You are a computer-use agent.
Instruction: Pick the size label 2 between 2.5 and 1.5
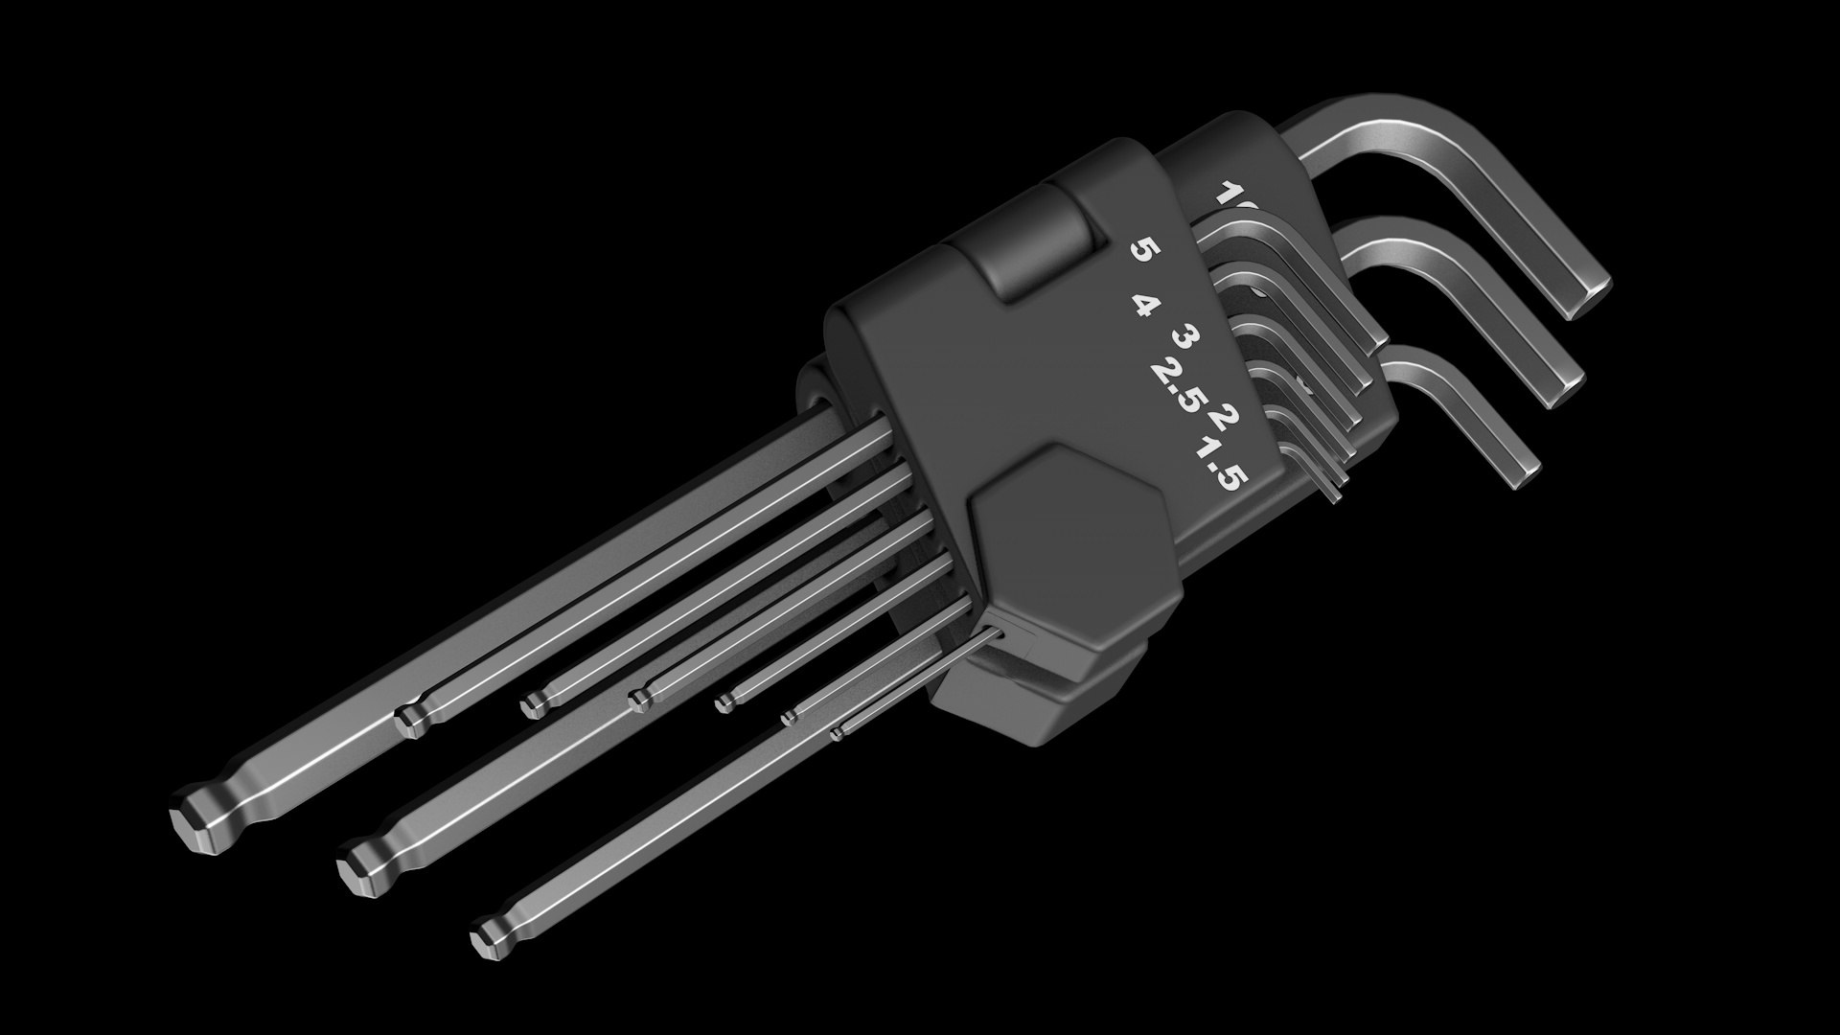1225,418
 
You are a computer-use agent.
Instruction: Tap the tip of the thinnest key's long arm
838,734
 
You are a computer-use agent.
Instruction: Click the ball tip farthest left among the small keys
412,717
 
